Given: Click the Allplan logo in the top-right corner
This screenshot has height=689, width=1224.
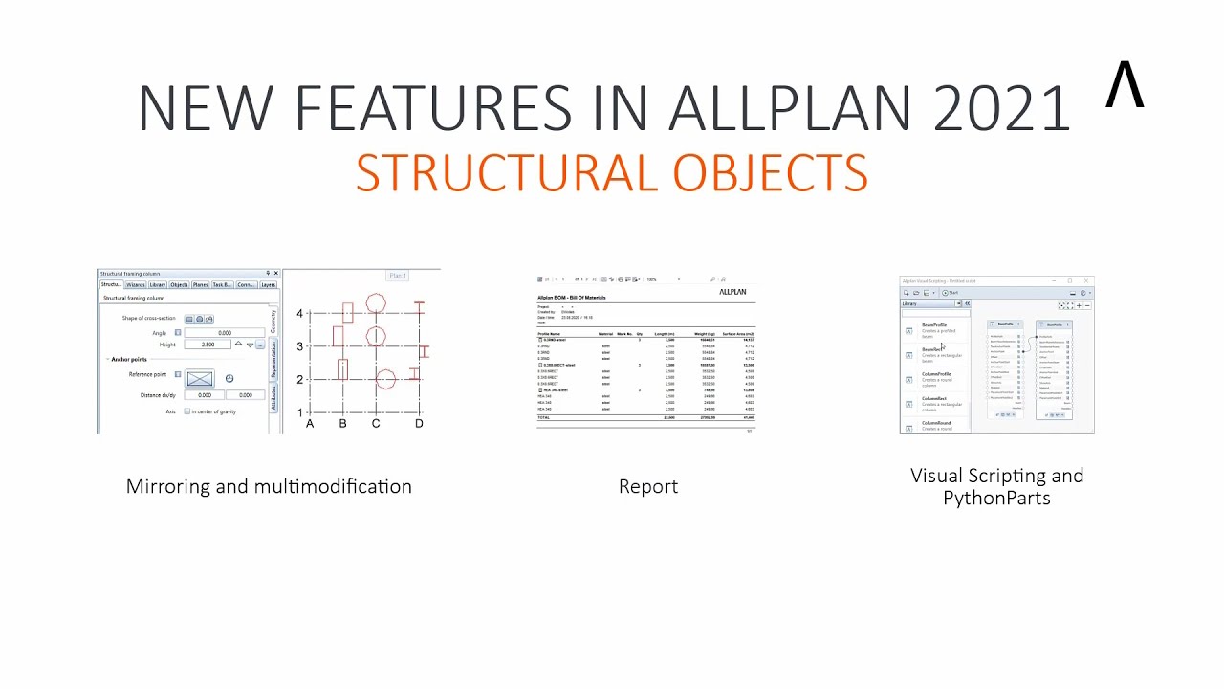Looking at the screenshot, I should click(x=1125, y=85).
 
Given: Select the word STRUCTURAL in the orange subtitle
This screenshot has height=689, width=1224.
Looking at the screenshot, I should click(x=508, y=173).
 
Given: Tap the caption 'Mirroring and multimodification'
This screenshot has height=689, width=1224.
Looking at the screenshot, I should click(x=269, y=486).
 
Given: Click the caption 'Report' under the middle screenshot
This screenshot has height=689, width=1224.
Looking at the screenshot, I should click(x=648, y=486).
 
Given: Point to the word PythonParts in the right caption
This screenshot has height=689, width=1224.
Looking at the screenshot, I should click(x=996, y=499).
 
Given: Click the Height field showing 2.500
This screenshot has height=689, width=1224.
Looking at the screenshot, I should click(x=208, y=344).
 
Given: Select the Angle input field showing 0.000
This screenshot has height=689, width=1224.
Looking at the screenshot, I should click(x=224, y=333).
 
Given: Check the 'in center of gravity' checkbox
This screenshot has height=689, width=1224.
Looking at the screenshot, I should click(x=187, y=411).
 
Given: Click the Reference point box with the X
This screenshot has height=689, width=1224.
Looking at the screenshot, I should click(x=200, y=379).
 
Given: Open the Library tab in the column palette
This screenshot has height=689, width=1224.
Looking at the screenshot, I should click(x=158, y=284).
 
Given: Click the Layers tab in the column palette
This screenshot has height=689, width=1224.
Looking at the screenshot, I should click(x=268, y=284).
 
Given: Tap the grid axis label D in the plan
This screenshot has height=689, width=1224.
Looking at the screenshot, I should click(x=419, y=423).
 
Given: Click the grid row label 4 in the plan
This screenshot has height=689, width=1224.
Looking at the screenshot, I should click(x=299, y=314).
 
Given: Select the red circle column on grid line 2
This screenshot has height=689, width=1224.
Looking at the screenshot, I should click(x=385, y=379).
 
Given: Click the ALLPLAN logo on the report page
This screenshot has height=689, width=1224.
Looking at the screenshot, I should click(x=732, y=291).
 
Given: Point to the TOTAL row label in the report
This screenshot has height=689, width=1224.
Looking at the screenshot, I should click(x=544, y=418).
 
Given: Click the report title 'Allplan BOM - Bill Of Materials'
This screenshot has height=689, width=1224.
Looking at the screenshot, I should click(x=571, y=298).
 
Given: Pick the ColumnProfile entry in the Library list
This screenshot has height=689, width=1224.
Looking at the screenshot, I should click(x=936, y=374).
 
